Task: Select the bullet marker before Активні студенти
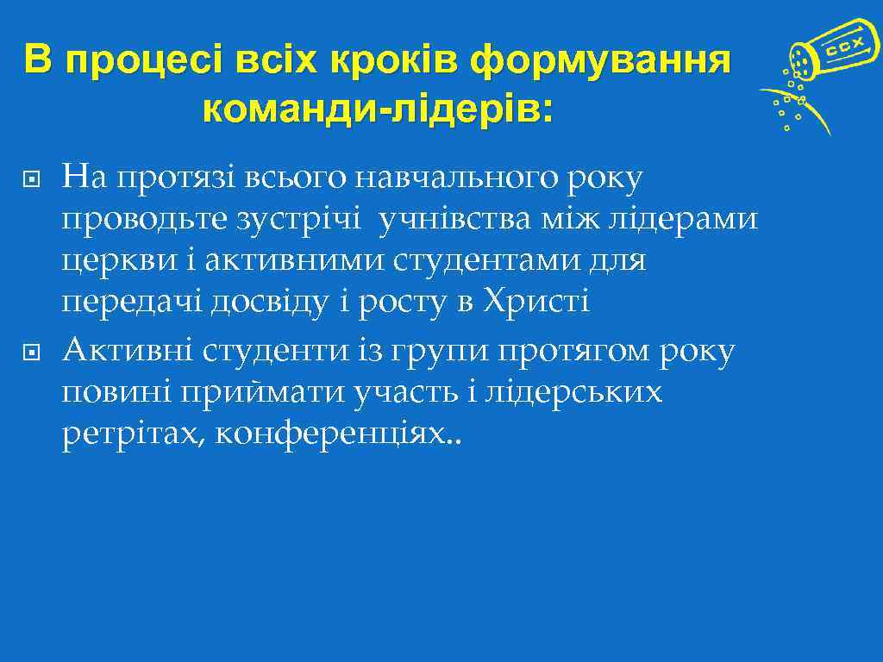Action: coord(27,353)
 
